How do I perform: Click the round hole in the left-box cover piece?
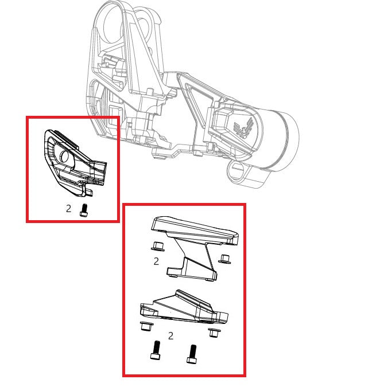coord(64,157)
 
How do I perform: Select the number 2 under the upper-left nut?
coord(156,261)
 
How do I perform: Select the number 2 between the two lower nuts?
coord(170,335)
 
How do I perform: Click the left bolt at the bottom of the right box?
coord(156,350)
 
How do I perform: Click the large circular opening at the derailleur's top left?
coord(113,23)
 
